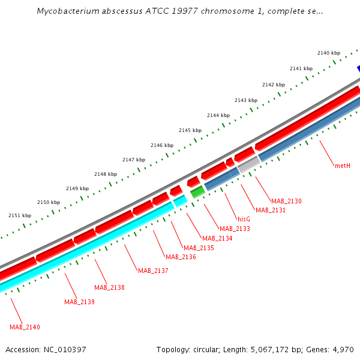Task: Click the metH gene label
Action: [x=343, y=166]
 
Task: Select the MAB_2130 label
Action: [x=286, y=201]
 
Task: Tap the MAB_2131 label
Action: [x=271, y=210]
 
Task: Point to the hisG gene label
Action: [x=244, y=219]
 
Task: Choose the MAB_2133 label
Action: [x=235, y=229]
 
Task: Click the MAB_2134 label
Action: [x=217, y=238]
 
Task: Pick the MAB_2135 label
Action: [x=199, y=248]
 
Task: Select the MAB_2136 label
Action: [x=181, y=257]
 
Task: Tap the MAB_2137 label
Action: [x=153, y=271]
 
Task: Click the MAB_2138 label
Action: [x=109, y=287]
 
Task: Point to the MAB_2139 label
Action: [x=79, y=302]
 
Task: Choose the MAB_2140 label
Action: [x=25, y=327]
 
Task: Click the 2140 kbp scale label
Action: [x=329, y=53]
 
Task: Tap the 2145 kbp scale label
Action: [x=190, y=130]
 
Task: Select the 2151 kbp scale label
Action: [x=20, y=215]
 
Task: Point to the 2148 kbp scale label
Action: [x=106, y=174]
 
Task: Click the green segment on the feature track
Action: [x=197, y=192]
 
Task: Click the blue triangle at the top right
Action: [x=358, y=68]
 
